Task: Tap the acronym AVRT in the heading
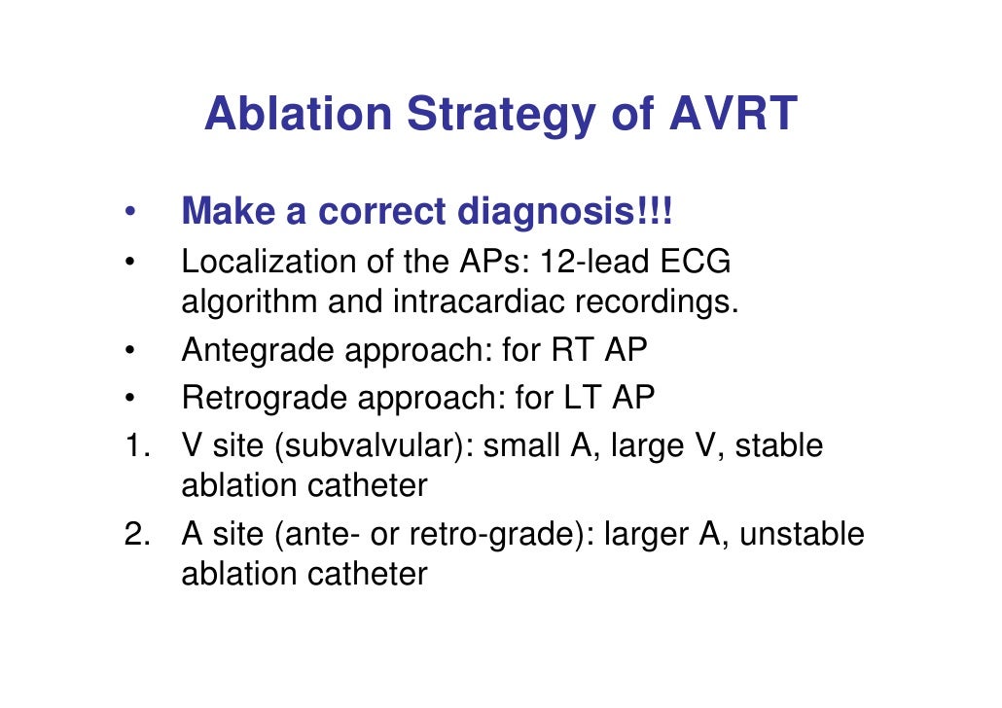734,114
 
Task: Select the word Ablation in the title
298,114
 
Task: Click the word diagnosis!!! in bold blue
577,212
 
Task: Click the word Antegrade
258,351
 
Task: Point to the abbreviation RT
573,351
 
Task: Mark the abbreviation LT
584,398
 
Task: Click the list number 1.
133,446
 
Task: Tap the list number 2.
133,534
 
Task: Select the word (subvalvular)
374,446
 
